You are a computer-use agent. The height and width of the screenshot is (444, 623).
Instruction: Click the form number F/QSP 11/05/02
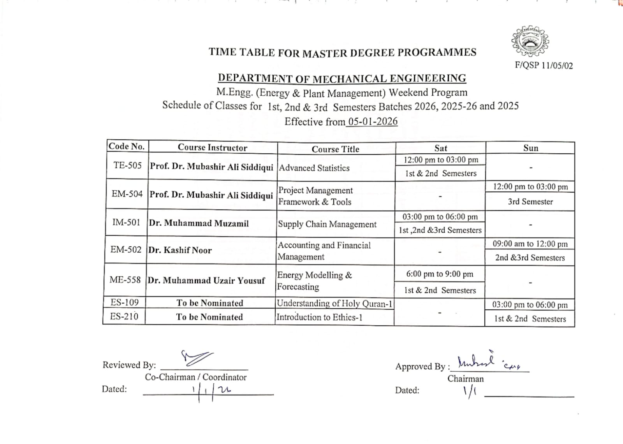click(x=544, y=65)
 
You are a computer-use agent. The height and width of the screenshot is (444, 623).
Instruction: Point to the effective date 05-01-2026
click(x=373, y=121)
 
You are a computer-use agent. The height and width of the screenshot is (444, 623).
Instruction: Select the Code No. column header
click(x=127, y=146)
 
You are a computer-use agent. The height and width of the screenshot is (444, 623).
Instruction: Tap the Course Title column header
click(x=335, y=149)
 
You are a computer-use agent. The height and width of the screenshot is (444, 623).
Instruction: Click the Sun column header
click(x=530, y=148)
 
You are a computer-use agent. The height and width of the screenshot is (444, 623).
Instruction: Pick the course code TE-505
click(x=127, y=165)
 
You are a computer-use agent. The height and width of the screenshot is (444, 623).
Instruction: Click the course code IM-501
click(x=126, y=222)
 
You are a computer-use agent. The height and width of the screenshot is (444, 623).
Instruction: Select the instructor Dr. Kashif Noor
click(x=180, y=250)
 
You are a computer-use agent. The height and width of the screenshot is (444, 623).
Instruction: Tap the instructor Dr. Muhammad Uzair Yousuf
click(x=206, y=281)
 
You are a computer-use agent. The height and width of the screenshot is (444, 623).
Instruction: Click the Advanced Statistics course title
click(x=314, y=168)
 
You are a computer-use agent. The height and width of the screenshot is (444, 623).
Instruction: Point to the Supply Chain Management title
click(x=327, y=225)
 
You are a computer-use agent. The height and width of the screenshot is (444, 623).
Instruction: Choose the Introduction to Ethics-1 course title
click(x=319, y=317)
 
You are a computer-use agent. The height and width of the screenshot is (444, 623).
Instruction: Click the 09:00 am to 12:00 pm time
click(x=530, y=244)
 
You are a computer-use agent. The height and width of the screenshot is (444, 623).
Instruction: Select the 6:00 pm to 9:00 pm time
click(x=440, y=274)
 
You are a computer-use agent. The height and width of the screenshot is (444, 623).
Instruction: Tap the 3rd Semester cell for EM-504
click(x=530, y=202)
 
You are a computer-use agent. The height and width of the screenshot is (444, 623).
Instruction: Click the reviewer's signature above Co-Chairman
click(x=197, y=358)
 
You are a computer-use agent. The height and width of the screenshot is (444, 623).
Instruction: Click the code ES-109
click(x=125, y=302)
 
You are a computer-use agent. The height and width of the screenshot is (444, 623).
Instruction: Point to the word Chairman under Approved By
click(x=465, y=379)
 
